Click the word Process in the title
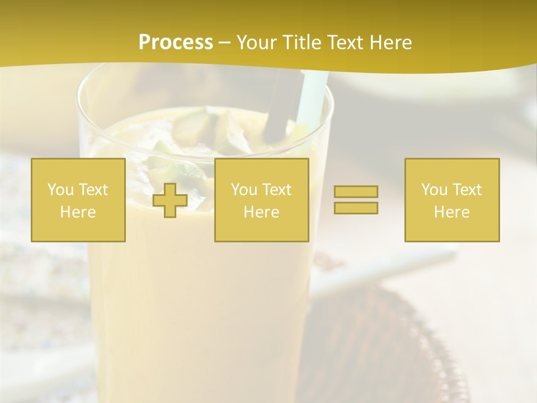[176, 43]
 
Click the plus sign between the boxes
[170, 200]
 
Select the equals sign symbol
[356, 200]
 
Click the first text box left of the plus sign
[78, 200]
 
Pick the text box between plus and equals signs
[261, 200]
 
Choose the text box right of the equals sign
[452, 200]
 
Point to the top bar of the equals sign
[356, 192]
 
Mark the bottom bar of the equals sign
[356, 208]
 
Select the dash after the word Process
[225, 43]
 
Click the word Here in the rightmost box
[452, 212]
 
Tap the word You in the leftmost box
[60, 190]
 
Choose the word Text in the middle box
[277, 190]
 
